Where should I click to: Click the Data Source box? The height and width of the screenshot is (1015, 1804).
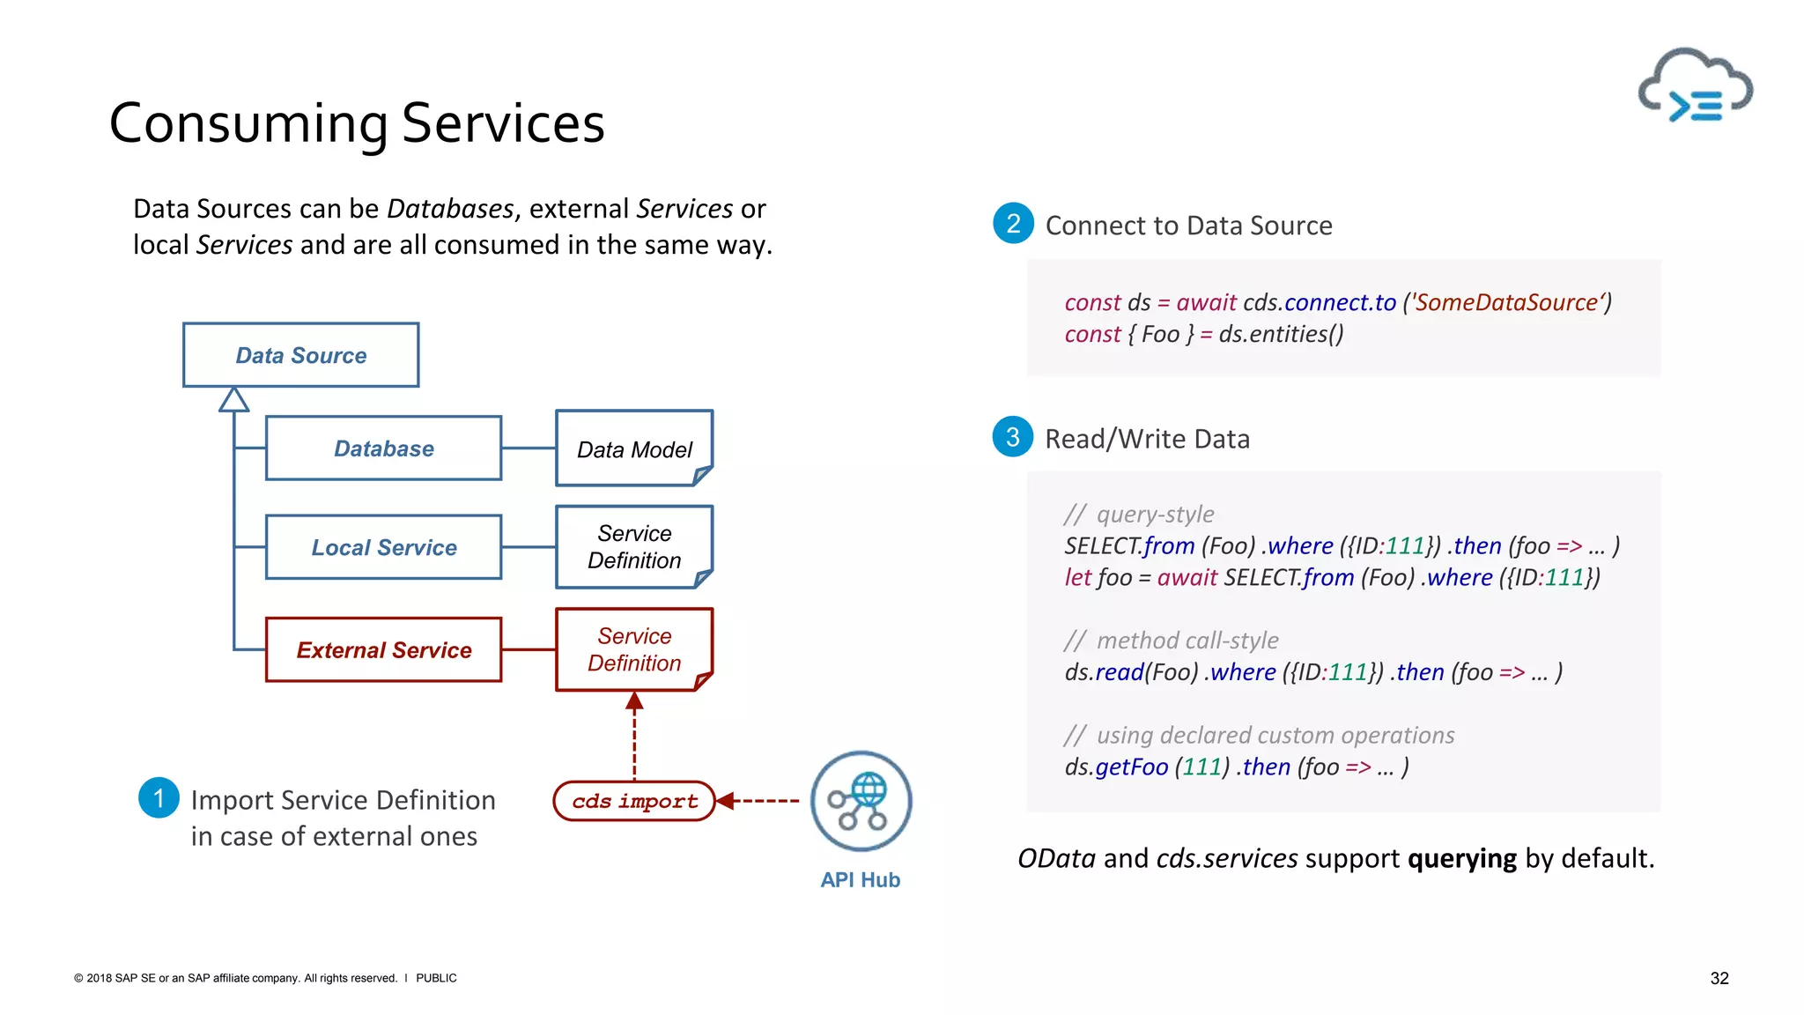(300, 355)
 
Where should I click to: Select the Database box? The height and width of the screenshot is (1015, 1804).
(383, 448)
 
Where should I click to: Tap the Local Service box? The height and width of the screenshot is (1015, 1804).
(383, 547)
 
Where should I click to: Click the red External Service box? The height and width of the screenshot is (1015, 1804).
(383, 649)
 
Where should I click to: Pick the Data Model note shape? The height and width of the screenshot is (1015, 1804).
(633, 448)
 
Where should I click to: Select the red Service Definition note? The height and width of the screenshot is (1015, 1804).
(633, 649)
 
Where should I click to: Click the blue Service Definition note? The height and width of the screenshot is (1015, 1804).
(633, 547)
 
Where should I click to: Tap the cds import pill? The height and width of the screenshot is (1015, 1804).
(633, 801)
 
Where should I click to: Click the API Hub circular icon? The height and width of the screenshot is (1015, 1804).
(861, 801)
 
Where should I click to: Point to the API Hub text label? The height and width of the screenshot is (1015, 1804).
(860, 879)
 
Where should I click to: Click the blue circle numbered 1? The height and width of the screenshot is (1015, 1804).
(159, 798)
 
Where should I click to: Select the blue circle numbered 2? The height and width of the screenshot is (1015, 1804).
(1013, 223)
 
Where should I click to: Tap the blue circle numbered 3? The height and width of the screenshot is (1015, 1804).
(1013, 436)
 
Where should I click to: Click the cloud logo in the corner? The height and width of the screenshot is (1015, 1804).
(1695, 86)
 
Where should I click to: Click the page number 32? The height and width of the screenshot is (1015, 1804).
(1719, 978)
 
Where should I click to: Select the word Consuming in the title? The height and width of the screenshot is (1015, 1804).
(248, 123)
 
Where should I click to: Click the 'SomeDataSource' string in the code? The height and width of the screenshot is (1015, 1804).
(1508, 302)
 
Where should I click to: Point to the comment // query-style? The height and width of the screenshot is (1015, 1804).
(1139, 514)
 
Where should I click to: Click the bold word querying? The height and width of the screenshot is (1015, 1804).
(1461, 858)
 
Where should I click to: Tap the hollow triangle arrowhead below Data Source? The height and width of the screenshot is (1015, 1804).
(233, 400)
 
